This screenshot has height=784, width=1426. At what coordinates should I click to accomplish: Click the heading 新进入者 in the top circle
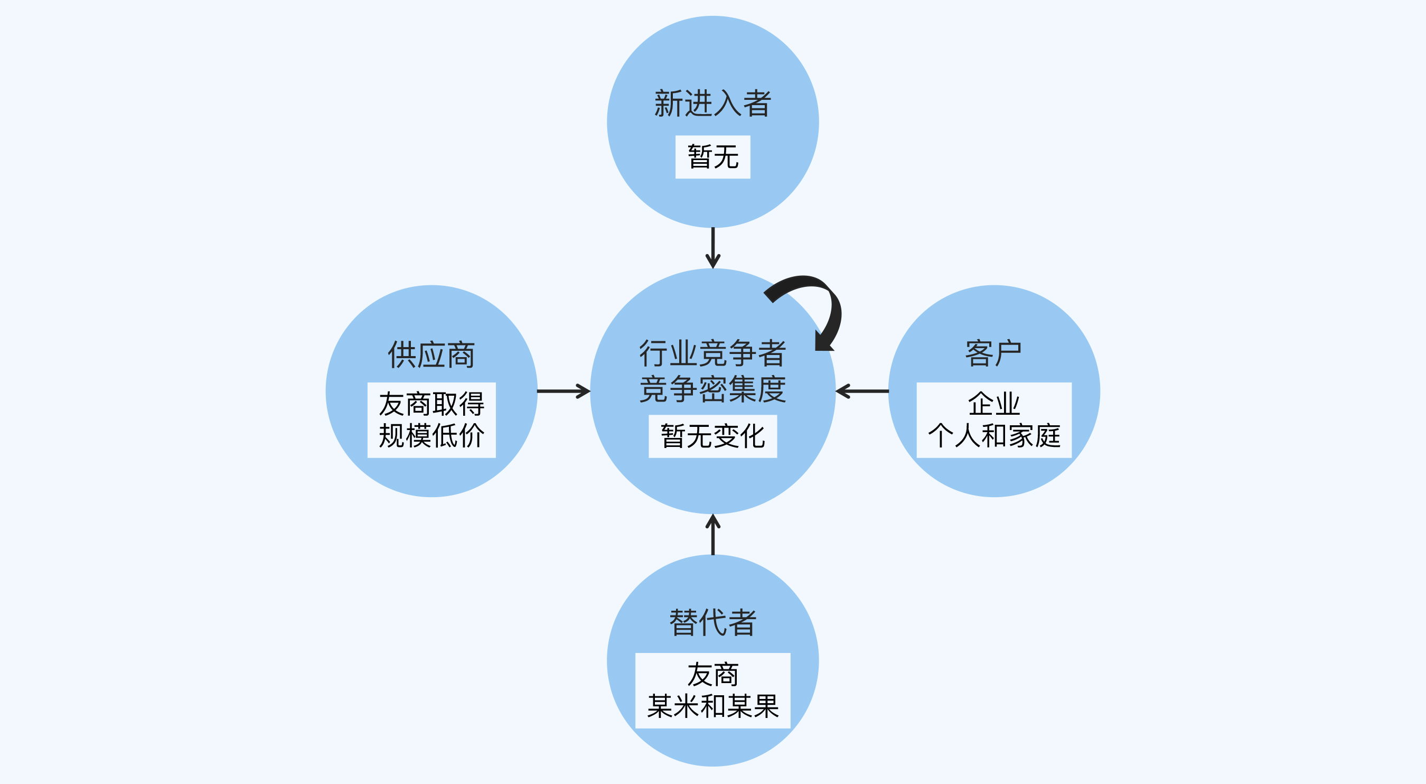(x=712, y=104)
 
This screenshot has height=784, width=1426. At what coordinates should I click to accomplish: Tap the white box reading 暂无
(x=712, y=157)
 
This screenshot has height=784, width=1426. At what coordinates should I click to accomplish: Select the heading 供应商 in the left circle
(x=431, y=355)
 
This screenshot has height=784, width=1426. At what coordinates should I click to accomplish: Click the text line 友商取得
(x=431, y=404)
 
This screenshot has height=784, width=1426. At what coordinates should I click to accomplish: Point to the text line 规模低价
(x=431, y=436)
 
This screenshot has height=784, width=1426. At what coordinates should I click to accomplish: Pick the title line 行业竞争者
(x=712, y=353)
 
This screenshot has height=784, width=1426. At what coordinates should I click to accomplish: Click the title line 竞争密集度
(x=712, y=389)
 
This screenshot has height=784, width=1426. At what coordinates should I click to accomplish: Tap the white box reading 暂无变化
(x=712, y=436)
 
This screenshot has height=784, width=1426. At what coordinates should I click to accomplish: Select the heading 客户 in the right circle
(x=993, y=353)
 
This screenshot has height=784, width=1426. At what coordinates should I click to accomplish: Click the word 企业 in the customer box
(x=993, y=404)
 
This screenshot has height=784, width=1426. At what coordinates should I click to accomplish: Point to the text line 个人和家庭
(x=993, y=436)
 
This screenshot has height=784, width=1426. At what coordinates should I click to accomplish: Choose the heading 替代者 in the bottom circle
(x=712, y=623)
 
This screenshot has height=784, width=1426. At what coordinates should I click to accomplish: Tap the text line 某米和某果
(x=712, y=706)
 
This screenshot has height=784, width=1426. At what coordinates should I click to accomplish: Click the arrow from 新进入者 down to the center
(x=713, y=248)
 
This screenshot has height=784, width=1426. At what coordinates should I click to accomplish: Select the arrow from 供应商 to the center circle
(x=564, y=391)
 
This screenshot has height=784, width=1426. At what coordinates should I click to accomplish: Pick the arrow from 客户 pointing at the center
(x=862, y=391)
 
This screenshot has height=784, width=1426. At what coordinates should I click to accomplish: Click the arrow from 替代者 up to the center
(x=713, y=534)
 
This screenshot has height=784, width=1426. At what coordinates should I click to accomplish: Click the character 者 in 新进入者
(x=757, y=104)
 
